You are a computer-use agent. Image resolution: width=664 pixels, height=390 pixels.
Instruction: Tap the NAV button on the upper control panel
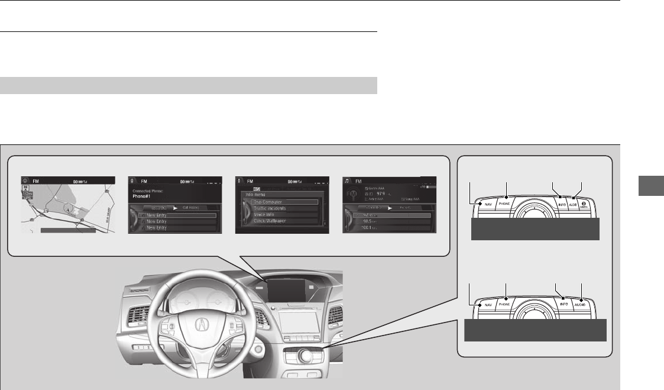[487, 204]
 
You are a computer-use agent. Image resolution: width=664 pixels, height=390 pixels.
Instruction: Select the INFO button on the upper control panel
[563, 204]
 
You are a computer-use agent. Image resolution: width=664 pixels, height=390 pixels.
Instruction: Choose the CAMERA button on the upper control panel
[583, 204]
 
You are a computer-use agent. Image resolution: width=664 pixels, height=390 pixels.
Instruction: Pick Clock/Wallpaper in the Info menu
[281, 221]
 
